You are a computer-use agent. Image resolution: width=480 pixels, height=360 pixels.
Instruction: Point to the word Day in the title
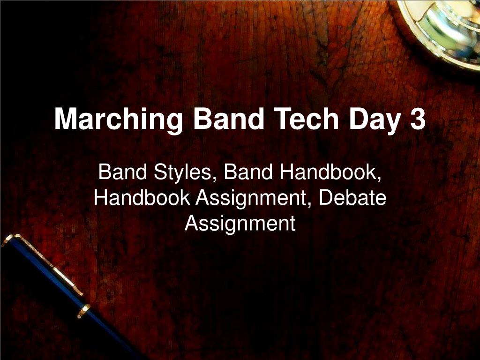[x=374, y=120]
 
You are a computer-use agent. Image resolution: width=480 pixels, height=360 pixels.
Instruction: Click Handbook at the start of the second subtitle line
[x=142, y=198]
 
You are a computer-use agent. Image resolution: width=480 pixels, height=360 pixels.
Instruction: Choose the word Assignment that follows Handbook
[x=254, y=199]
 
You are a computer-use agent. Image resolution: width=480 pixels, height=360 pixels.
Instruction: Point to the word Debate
[x=352, y=198]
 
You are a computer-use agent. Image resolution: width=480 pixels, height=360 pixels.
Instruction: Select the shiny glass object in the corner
[x=445, y=28]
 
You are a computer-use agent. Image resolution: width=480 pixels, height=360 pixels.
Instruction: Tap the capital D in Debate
[x=326, y=198]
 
